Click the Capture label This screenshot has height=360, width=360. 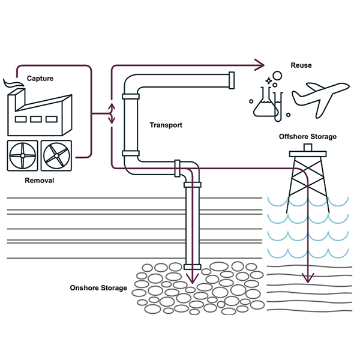tap(40, 78)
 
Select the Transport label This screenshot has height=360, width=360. tap(166, 125)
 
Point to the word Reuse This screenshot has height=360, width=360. tap(301, 65)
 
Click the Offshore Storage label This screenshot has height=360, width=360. tap(308, 137)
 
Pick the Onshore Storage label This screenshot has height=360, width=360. tap(98, 288)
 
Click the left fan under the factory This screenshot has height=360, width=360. tap(22, 156)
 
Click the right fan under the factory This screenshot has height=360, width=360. tap(56, 156)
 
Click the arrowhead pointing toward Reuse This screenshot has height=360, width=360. tap(259, 64)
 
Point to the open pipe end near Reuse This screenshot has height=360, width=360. tap(232, 80)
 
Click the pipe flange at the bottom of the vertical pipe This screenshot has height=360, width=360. tap(192, 266)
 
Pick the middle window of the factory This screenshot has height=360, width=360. tap(36, 119)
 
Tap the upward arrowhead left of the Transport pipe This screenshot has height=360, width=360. tap(111, 106)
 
